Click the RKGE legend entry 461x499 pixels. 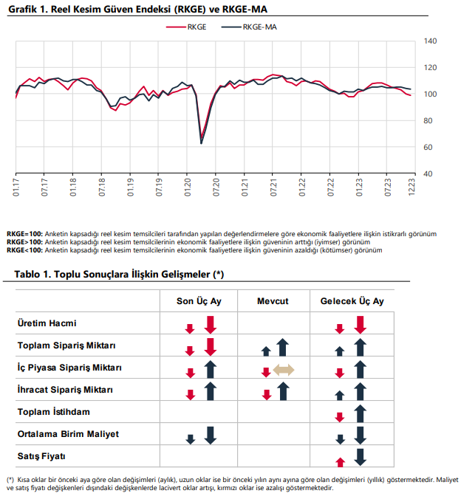[x=186, y=27]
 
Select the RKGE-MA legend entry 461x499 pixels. [x=249, y=27]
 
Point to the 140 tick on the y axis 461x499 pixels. [x=430, y=41]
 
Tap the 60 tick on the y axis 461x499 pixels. [x=428, y=147]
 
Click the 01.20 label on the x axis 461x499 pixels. [x=188, y=187]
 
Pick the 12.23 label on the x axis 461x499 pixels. [x=412, y=187]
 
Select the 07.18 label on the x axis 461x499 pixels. [x=102, y=187]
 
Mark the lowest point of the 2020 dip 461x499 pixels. [x=201, y=143]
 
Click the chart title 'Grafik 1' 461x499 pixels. [x=137, y=10]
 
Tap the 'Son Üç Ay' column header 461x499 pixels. [x=199, y=301]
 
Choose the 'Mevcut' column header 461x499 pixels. [x=273, y=301]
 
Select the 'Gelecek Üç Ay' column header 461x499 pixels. [x=352, y=301]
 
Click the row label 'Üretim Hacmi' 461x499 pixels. [x=47, y=323]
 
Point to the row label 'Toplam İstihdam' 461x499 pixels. [x=53, y=412]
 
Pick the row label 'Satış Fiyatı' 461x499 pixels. [x=41, y=456]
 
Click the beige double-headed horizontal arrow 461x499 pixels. [x=284, y=370]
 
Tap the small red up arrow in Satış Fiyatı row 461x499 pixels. [x=341, y=462]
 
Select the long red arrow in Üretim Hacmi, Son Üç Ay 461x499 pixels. [x=211, y=325]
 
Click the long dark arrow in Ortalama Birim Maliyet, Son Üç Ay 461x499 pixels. [x=211, y=436]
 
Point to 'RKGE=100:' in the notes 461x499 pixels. [x=24, y=234]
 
